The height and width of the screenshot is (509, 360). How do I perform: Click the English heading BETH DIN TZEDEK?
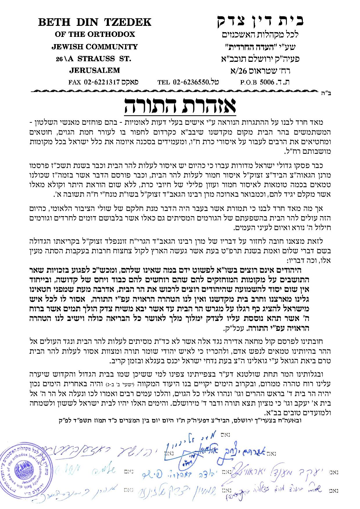click(95, 22)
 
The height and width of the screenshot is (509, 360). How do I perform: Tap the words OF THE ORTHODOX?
click(95, 34)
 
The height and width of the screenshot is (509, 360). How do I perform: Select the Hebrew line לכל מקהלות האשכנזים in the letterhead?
click(260, 35)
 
